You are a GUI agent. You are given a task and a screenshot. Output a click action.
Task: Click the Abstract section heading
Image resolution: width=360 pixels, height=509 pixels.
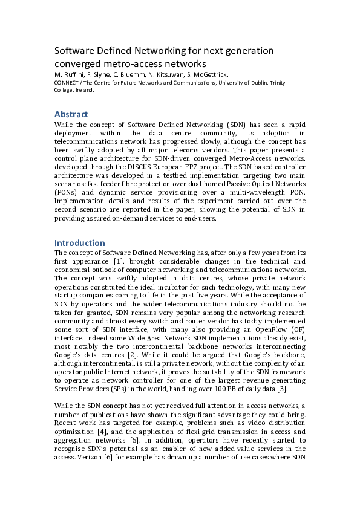(x=71, y=114)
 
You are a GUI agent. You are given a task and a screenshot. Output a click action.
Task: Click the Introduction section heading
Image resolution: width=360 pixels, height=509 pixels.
(x=80, y=243)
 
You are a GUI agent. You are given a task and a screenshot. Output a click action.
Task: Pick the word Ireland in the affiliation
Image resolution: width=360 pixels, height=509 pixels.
(x=83, y=89)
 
